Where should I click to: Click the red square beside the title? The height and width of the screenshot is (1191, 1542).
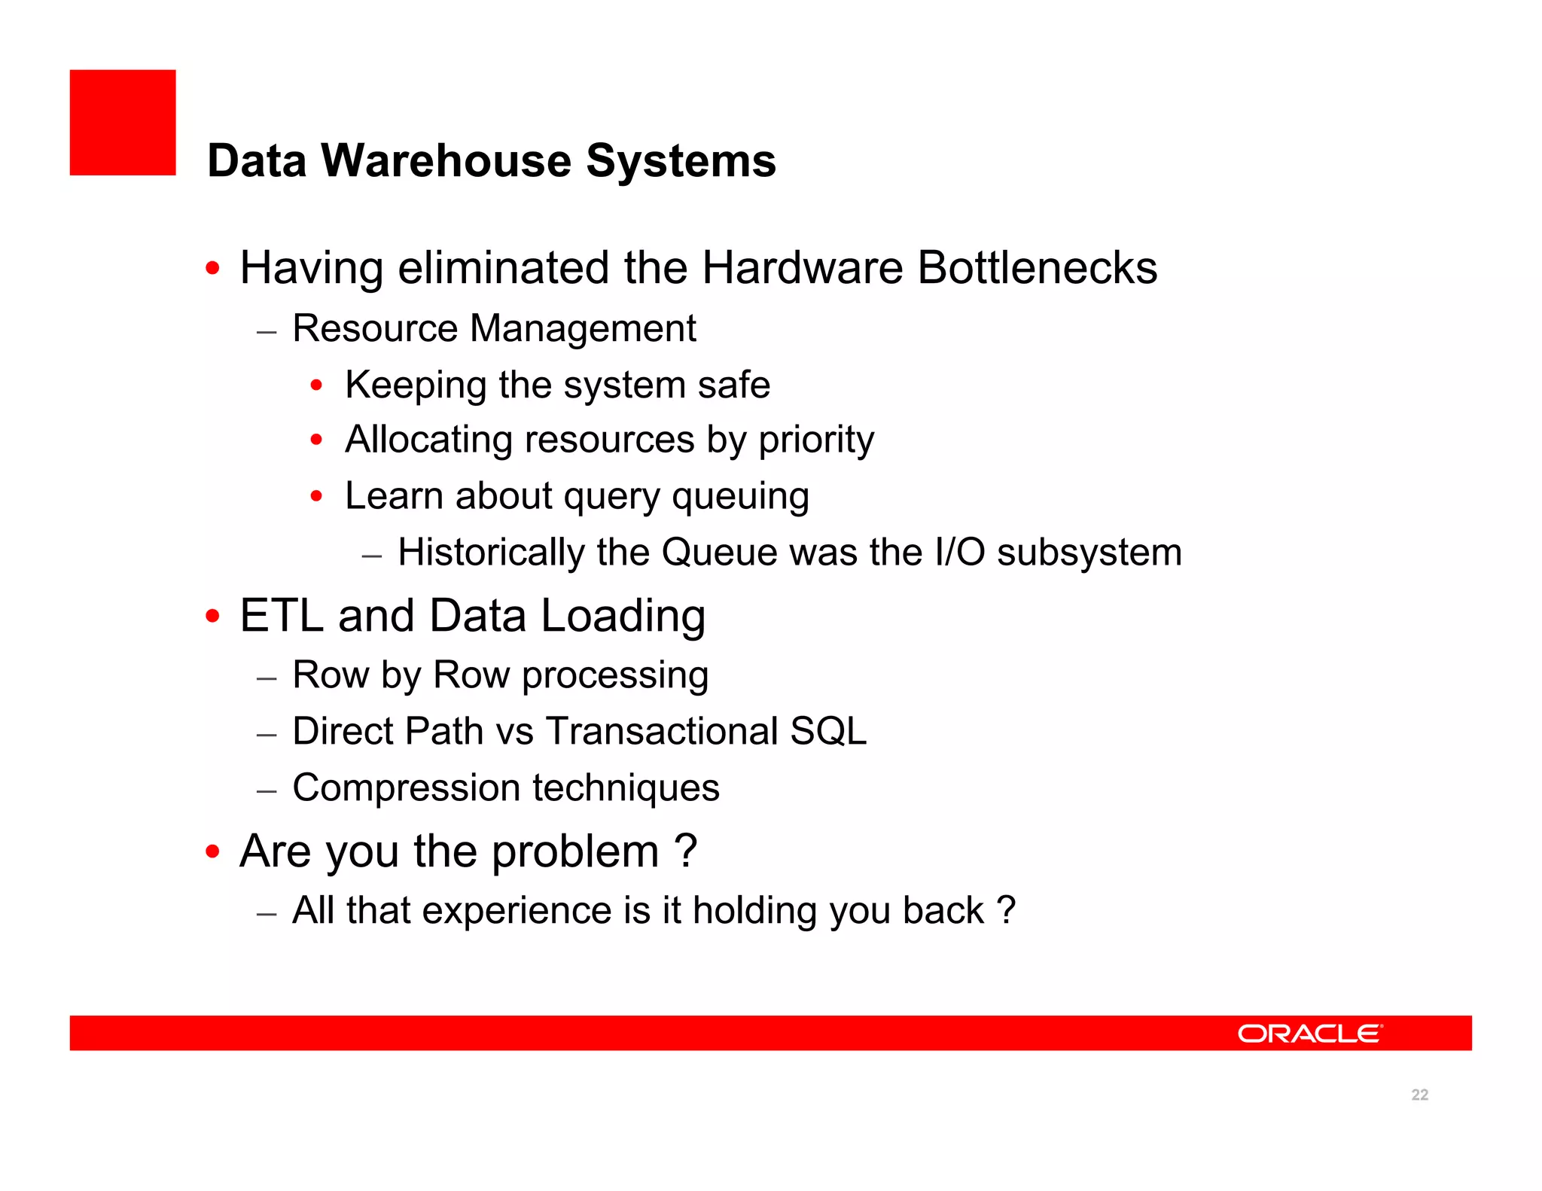(123, 123)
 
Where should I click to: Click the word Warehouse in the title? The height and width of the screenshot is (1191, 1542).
(446, 161)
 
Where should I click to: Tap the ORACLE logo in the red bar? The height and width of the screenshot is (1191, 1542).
(1309, 1034)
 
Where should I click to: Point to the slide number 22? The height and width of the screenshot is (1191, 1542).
(1419, 1095)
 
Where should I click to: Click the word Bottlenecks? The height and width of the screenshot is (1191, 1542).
(1037, 268)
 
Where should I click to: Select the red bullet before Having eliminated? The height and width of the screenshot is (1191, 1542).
(213, 268)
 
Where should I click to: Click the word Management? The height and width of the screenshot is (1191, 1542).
(583, 329)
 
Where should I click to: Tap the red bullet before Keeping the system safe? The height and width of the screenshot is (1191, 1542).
(317, 385)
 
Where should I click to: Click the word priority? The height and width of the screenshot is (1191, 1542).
(816, 440)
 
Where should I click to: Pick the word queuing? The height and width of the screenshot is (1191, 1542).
(740, 497)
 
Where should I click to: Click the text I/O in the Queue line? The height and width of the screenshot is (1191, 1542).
(959, 553)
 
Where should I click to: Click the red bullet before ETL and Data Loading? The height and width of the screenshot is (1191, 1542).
(213, 617)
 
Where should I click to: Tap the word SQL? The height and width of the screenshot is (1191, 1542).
(828, 732)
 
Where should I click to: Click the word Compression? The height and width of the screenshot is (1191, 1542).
(407, 789)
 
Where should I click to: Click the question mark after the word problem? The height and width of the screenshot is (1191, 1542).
(685, 851)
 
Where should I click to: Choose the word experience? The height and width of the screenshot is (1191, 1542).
(518, 911)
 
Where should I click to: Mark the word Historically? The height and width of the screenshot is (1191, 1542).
(491, 553)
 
